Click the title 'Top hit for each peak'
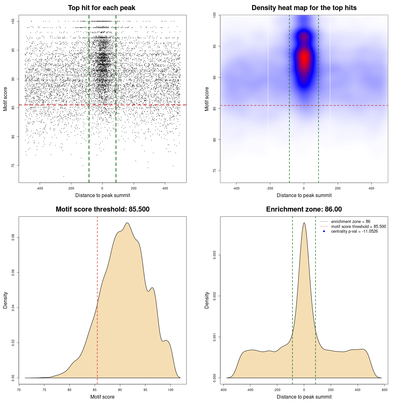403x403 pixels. [101, 8]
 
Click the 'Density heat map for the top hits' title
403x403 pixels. [304, 8]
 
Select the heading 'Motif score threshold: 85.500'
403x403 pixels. [102, 209]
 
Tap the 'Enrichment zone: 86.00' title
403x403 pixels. [304, 209]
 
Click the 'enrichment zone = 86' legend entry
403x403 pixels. [350, 222]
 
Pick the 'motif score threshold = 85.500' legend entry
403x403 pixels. [358, 227]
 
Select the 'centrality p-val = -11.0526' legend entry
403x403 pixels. [354, 231]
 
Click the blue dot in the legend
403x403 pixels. [324, 231]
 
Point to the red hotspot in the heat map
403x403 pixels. [304, 58]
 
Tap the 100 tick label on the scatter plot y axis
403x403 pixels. [13, 21]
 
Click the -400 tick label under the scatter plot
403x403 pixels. [40, 188]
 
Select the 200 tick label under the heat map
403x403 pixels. [338, 188]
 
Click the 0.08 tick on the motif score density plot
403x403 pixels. [13, 237]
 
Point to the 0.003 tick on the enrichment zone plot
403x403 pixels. [215, 255]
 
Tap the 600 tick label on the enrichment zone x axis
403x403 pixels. [384, 390]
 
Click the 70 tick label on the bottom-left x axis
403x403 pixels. [19, 390]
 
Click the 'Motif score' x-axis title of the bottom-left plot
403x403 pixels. [102, 397]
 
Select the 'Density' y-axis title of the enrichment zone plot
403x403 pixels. [207, 300]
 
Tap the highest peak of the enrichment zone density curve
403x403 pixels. [304, 223]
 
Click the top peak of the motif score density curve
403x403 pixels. [127, 223]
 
